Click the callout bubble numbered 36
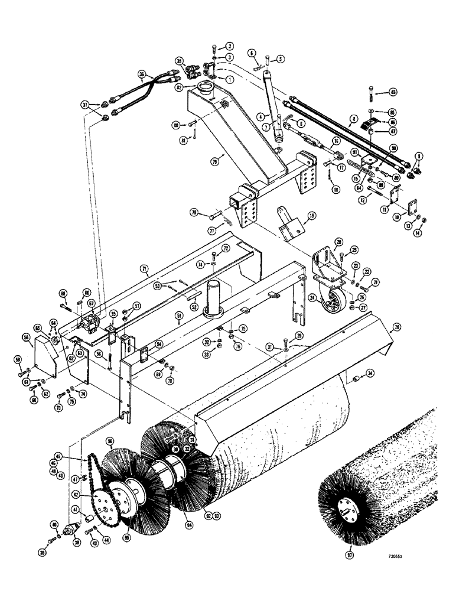142,74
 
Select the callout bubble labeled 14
428,233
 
